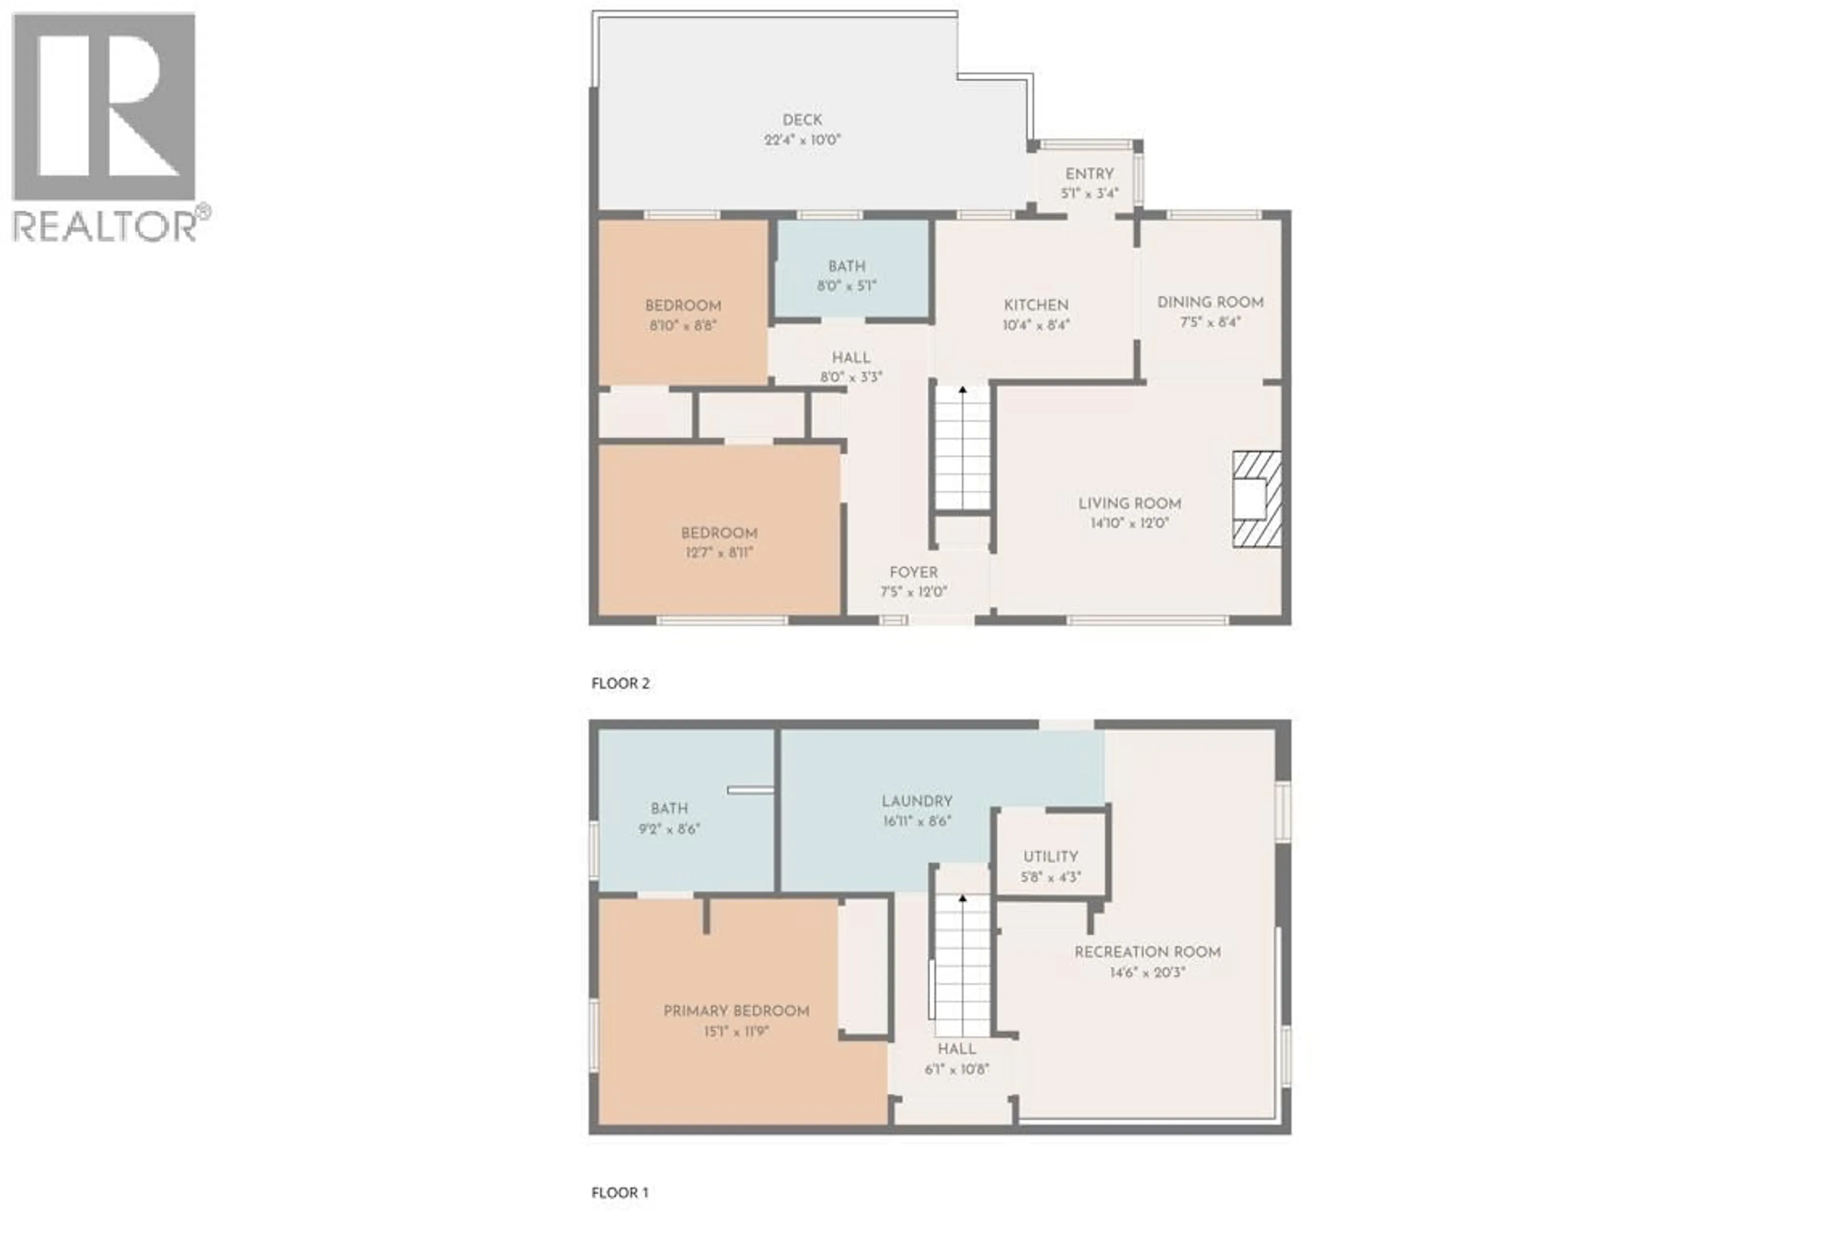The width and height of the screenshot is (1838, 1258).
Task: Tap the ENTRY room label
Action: pos(1089,174)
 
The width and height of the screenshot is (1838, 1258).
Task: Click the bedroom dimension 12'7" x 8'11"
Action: pos(719,552)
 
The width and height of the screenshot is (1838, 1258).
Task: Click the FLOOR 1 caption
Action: pos(619,1192)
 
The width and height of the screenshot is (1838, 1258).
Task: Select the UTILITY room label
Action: pos(1050,857)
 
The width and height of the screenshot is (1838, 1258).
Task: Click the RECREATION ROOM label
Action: pos(1147,952)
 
